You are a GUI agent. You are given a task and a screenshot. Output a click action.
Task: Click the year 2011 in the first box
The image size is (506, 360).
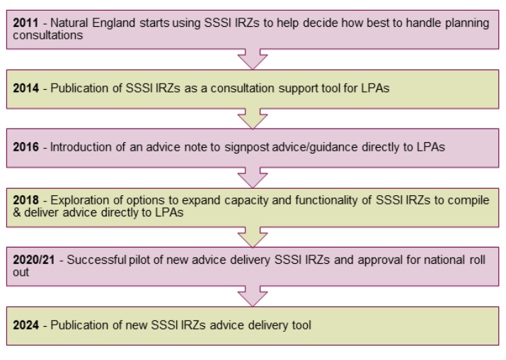[25, 23]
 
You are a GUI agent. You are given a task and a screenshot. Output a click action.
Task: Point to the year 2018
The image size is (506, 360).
[25, 201]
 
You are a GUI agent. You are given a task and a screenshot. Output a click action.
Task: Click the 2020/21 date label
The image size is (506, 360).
[33, 260]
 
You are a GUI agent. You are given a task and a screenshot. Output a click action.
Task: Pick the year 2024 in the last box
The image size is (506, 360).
[25, 325]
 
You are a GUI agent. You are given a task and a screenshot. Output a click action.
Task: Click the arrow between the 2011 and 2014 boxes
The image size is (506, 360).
[252, 59]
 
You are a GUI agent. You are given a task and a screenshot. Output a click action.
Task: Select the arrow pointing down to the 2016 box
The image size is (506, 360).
[252, 119]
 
